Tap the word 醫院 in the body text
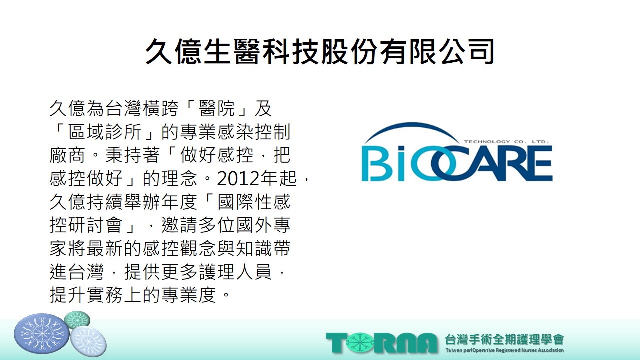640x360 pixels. click(x=217, y=109)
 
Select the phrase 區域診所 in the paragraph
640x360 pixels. click(x=105, y=132)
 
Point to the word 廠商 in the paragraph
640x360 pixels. click(x=67, y=155)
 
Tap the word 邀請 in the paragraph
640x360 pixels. click(x=179, y=225)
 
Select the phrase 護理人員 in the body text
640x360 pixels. click(x=235, y=271)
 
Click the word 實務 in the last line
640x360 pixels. click(x=105, y=295)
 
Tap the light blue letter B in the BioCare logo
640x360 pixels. click(x=373, y=164)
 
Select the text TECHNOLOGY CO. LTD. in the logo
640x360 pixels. click(x=507, y=141)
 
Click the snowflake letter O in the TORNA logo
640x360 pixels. click(x=359, y=343)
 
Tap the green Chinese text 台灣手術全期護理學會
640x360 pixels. click(x=504, y=339)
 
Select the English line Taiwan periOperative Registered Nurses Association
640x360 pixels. click(x=504, y=350)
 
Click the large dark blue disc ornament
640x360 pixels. click(x=42, y=334)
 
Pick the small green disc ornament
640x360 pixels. click(x=77, y=320)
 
